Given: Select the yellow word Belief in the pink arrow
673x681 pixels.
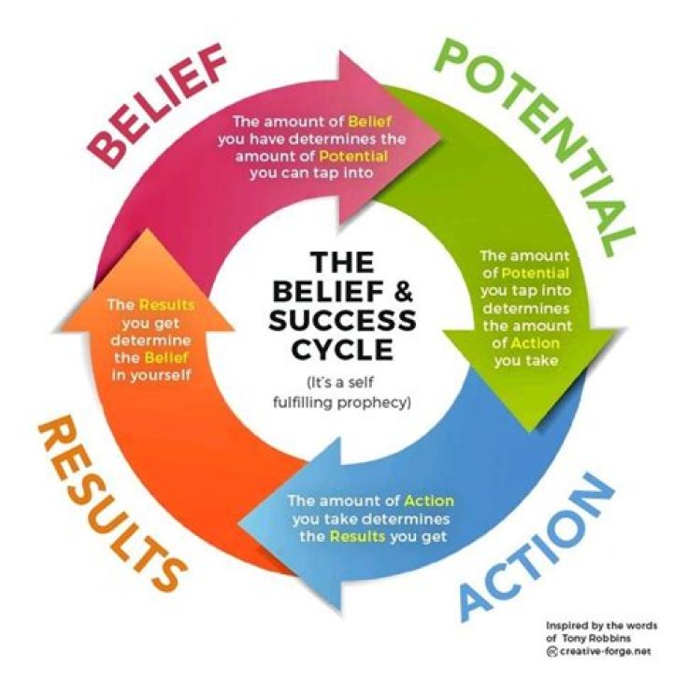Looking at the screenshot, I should [370, 122].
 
